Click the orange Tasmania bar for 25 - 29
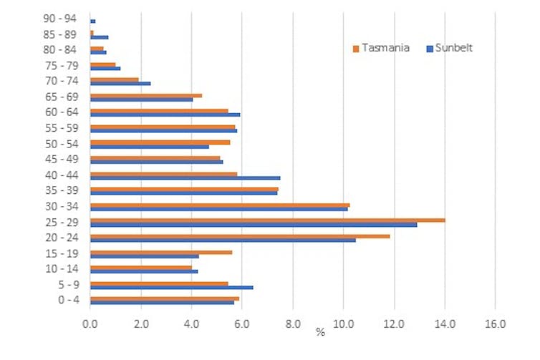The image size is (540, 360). point(267,220)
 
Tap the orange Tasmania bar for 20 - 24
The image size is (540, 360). point(240,235)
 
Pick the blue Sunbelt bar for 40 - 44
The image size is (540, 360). point(185,177)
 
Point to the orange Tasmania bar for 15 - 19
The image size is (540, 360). point(161,251)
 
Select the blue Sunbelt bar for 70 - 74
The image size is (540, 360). point(120,84)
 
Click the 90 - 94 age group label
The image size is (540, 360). point(60,19)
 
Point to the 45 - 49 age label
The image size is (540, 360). point(60,160)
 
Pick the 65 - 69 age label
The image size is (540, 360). point(60,97)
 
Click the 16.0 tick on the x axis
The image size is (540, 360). point(495,324)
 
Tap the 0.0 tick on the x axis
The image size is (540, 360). point(90,324)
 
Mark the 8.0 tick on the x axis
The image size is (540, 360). point(293,324)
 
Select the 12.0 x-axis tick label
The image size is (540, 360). point(394,324)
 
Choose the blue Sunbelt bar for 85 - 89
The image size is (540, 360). point(100,37)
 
